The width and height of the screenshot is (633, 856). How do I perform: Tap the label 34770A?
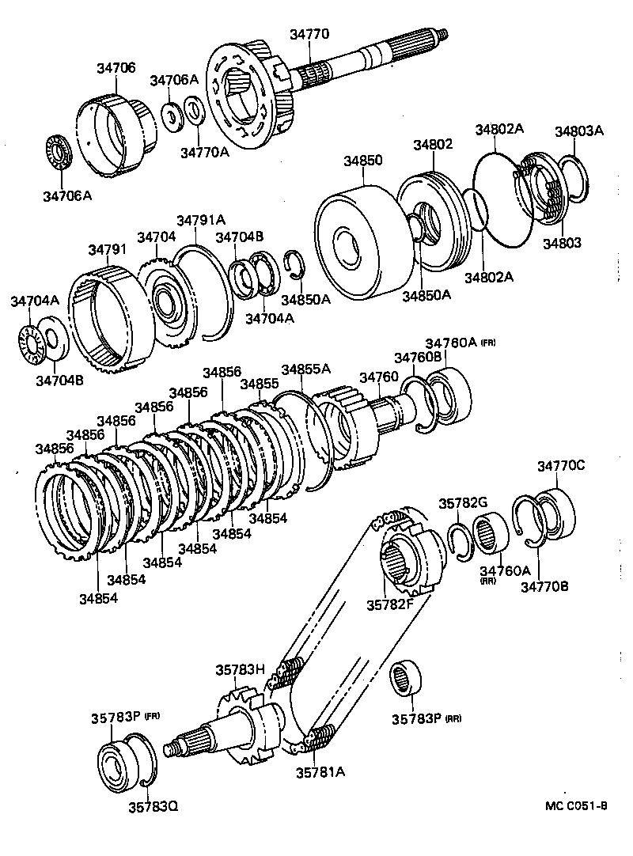tap(204, 152)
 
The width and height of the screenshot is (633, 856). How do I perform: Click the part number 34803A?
tap(578, 131)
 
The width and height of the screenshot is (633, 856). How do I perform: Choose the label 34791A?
tap(201, 220)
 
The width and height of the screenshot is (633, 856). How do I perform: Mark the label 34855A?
tap(306, 369)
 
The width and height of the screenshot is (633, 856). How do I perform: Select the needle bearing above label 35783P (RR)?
tap(410, 679)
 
